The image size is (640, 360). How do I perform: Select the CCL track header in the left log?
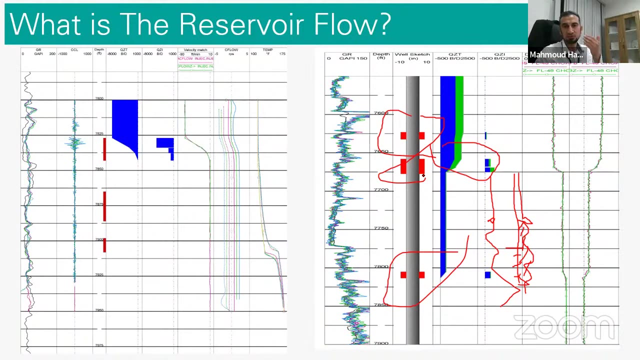click(74, 50)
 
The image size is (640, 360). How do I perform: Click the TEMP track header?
click(268, 50)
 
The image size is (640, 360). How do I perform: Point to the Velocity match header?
click(195, 50)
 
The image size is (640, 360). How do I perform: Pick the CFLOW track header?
click(231, 50)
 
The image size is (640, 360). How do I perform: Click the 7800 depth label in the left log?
click(99, 98)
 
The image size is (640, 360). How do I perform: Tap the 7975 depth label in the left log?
click(99, 345)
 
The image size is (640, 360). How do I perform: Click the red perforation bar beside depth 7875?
click(104, 206)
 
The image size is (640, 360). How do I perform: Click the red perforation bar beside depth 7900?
click(104, 244)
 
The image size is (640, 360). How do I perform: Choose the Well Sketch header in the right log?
click(412, 54)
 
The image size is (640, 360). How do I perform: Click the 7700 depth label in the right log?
click(381, 189)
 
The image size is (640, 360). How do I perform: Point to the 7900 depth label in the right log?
click(381, 343)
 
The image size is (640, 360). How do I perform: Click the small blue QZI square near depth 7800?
click(487, 274)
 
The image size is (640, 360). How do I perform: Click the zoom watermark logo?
click(563, 327)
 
